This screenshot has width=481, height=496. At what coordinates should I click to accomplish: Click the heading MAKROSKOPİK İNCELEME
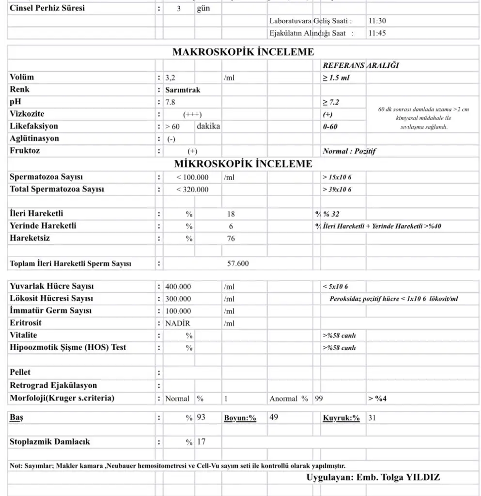(x=243, y=52)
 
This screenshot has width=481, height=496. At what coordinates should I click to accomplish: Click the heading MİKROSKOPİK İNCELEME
(x=243, y=164)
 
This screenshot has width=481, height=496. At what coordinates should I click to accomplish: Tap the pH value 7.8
(x=170, y=102)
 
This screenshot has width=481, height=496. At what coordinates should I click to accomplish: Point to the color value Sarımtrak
(x=183, y=90)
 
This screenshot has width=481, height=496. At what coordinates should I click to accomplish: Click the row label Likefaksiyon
(x=34, y=126)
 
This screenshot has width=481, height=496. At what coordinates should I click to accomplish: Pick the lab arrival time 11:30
(x=377, y=21)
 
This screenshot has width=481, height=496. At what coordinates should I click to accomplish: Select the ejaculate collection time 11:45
(x=377, y=33)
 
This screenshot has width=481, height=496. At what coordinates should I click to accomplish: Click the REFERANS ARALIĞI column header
(x=361, y=65)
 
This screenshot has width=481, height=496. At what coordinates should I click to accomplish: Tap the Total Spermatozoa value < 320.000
(x=192, y=189)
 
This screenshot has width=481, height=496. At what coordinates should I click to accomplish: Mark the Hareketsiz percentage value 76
(x=231, y=238)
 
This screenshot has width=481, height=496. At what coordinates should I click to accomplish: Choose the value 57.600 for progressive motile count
(x=238, y=263)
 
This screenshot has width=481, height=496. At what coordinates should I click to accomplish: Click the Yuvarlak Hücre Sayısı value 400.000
(x=178, y=286)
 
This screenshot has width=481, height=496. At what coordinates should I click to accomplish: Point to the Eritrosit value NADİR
(x=178, y=323)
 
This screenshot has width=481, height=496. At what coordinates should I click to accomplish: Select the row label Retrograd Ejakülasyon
(x=53, y=386)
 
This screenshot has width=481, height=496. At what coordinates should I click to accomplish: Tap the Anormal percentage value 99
(x=319, y=398)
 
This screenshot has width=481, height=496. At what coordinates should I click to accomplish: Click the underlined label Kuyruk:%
(x=341, y=418)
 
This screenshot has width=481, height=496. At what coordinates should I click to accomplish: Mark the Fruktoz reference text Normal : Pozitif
(x=349, y=151)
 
